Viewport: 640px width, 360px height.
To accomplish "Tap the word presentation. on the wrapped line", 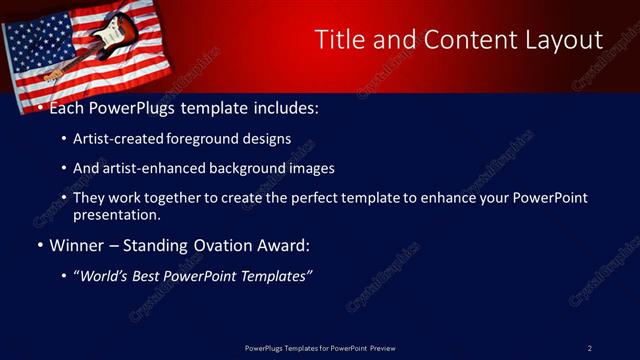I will pos(116,214).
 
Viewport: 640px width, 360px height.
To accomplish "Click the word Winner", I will pos(78,245).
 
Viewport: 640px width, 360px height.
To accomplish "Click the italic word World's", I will pos(106,276).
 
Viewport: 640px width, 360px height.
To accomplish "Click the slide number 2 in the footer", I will pos(590,348).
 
